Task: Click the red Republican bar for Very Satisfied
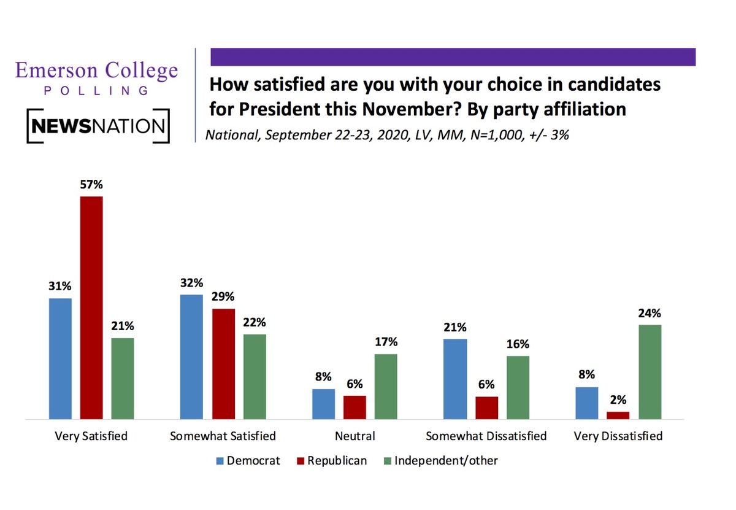(91, 307)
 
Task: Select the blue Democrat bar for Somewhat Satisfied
(191, 357)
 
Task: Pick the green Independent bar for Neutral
(385, 386)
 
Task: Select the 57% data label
(91, 185)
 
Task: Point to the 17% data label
(386, 342)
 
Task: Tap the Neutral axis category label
(355, 436)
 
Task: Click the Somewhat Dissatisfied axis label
(486, 436)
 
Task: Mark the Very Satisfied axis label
(91, 436)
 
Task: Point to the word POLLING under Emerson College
(97, 91)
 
